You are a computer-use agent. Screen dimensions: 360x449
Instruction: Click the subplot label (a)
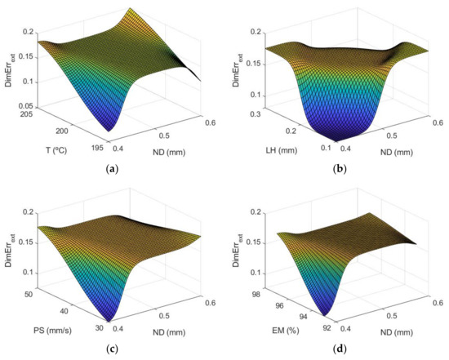112,167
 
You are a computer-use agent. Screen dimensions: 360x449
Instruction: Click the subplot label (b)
338,167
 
